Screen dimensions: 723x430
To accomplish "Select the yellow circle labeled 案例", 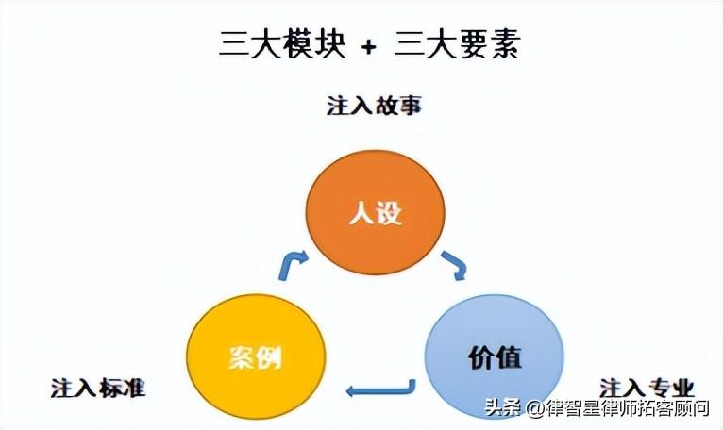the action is click(x=256, y=357).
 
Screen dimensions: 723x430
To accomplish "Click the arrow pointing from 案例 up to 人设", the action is click(x=294, y=265).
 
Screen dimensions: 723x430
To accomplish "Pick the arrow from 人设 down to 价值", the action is click(x=455, y=265).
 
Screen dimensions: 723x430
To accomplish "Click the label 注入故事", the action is click(x=374, y=105).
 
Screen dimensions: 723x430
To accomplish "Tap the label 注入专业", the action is click(x=647, y=387).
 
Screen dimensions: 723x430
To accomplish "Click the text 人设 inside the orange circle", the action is click(x=376, y=215).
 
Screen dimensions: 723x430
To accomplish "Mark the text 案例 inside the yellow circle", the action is click(x=256, y=358).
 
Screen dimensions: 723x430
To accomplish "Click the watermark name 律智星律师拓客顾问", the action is click(x=629, y=408).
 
